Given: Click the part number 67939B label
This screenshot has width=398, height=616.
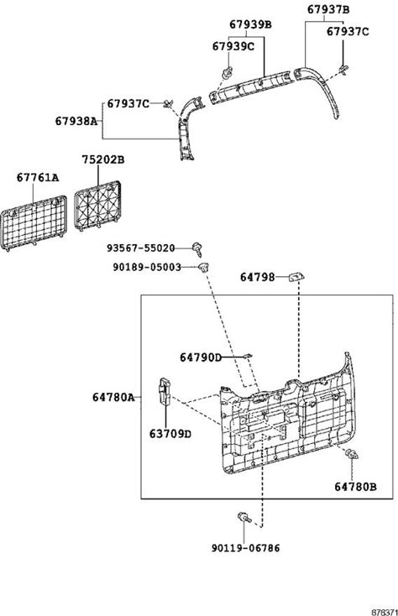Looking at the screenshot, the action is (x=250, y=24).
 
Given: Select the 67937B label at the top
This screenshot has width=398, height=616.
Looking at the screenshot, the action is (x=328, y=9).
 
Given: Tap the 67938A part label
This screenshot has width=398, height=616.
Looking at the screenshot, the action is (x=76, y=121).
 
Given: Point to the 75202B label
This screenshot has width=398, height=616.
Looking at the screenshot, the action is (x=103, y=159).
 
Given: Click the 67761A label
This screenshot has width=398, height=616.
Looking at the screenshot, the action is (x=38, y=178).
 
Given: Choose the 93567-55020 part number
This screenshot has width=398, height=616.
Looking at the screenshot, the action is (x=141, y=248).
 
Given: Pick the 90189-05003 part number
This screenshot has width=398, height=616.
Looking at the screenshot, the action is (x=147, y=268).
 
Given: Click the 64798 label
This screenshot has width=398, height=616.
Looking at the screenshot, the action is (x=257, y=277).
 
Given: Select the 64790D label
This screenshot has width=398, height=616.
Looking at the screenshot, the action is (x=201, y=358).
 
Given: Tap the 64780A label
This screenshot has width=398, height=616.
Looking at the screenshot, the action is (x=113, y=397).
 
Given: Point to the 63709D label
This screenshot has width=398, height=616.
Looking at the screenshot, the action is (x=170, y=434).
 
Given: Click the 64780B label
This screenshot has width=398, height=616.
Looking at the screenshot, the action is (x=355, y=487).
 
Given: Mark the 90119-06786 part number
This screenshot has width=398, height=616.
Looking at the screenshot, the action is (x=246, y=548).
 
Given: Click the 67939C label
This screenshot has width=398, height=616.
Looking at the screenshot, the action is (x=233, y=46).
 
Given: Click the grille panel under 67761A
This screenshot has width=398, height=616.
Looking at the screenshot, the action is (x=34, y=223).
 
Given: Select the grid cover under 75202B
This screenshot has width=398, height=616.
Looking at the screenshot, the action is (x=97, y=206).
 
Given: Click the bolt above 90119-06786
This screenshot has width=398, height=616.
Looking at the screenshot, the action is (x=244, y=518).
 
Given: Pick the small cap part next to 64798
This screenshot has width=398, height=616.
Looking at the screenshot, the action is (x=297, y=277).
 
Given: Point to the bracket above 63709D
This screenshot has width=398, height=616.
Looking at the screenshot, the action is (x=164, y=391).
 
